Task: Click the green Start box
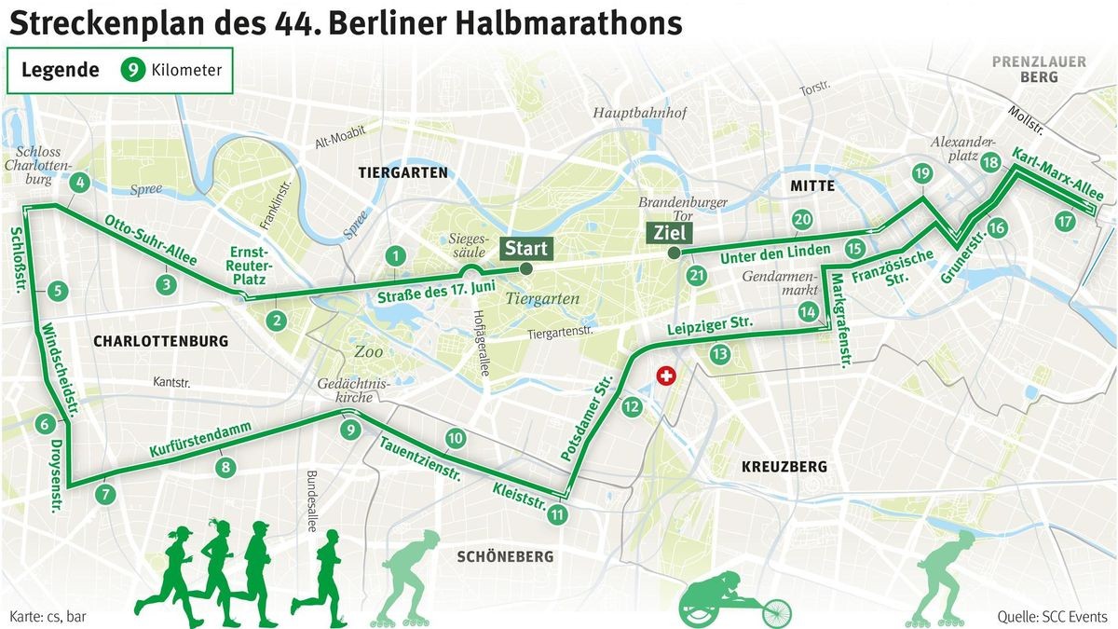pos(526,249)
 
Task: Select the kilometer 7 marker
pos(105,494)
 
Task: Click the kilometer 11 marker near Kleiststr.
pos(557,513)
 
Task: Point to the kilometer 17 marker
pos(1065,222)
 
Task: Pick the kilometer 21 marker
pos(697,275)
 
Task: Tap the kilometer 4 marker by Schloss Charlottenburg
pos(79,183)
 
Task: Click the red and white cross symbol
pos(665,376)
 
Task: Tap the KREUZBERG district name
pos(784,466)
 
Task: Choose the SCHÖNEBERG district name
pos(505,556)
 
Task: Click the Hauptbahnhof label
pos(640,114)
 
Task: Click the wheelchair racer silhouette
pos(736,601)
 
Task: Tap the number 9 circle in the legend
pos(134,69)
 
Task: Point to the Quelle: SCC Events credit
pos(1051,616)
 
